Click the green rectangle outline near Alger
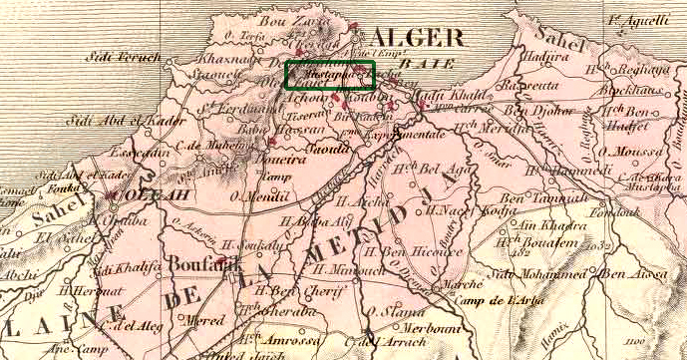[x=330, y=76]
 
